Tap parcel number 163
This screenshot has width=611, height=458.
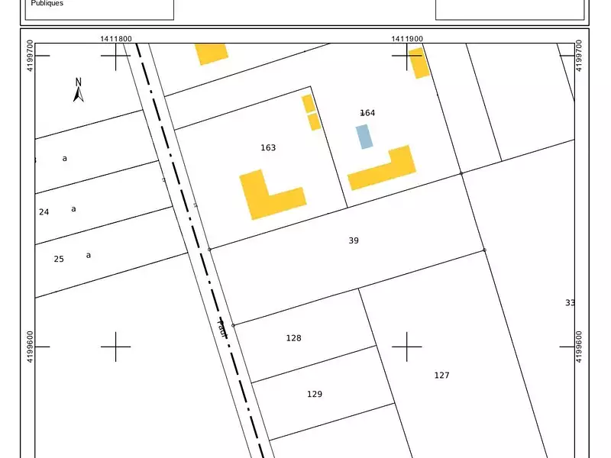point(268,148)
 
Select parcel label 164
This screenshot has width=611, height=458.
point(367,113)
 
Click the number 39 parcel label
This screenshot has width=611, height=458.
point(354,240)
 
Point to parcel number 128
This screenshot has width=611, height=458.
point(294,338)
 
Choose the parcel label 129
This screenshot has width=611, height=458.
point(315,395)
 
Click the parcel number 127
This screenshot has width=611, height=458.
point(442,375)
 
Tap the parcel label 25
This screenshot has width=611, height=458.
point(59,260)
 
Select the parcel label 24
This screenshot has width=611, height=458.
point(44,212)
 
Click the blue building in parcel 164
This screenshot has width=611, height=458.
point(365,137)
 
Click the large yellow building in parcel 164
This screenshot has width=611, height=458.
point(386,171)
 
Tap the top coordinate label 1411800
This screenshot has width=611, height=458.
point(115,38)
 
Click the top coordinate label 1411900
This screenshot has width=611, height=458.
point(407,38)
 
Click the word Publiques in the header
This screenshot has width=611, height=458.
point(47,4)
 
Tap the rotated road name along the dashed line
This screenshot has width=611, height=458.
point(222,328)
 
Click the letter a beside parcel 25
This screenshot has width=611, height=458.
point(89,255)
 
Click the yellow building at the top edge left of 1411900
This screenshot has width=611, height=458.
point(211,52)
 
